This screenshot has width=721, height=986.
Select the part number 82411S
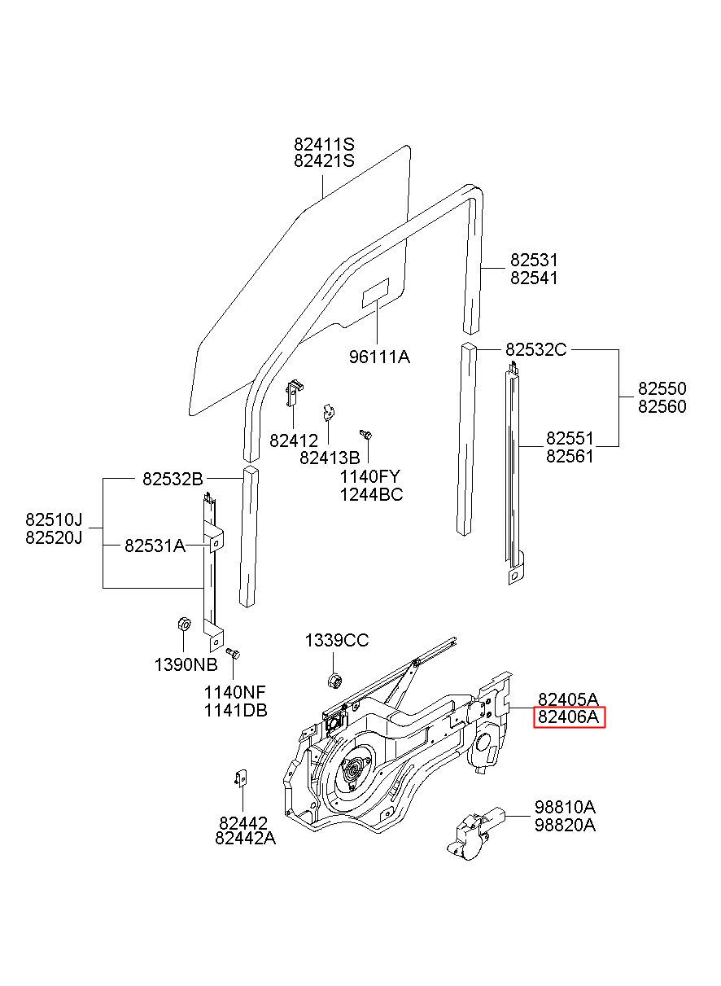tap(324, 144)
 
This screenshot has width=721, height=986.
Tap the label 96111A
tap(379, 357)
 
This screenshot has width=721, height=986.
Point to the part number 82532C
tap(535, 350)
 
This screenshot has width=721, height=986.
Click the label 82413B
tap(330, 458)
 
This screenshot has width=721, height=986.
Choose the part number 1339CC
tap(337, 641)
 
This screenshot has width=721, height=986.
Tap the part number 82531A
tap(155, 546)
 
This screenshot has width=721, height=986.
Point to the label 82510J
tap(54, 519)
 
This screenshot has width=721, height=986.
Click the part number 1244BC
tap(372, 495)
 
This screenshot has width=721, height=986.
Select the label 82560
tap(662, 407)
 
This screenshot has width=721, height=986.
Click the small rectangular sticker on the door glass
tap(375, 293)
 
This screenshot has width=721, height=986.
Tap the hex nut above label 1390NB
tap(183, 624)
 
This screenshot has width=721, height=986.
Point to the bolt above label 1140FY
tap(366, 434)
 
